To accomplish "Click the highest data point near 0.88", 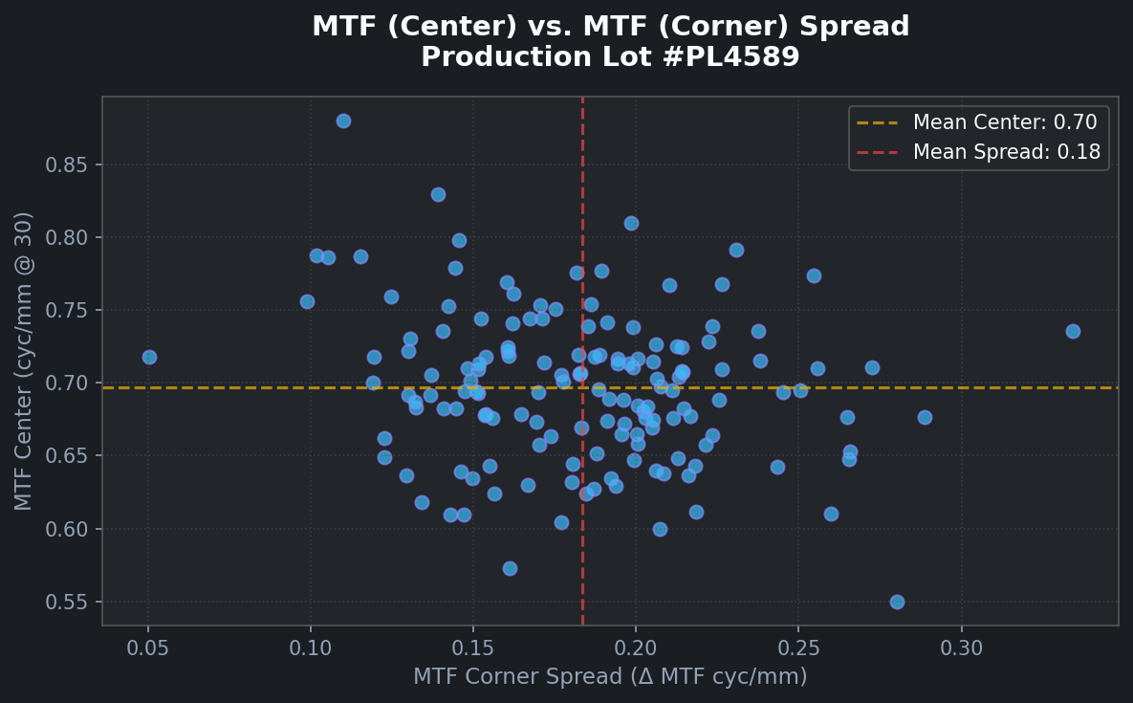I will click(343, 121).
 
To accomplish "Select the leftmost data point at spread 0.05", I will click(149, 357).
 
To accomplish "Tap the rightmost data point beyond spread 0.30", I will click(1073, 331).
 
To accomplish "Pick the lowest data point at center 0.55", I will click(897, 602).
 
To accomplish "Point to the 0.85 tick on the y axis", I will click(66, 165).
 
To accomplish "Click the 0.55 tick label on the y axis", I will click(66, 602).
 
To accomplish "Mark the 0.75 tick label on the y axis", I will click(66, 310).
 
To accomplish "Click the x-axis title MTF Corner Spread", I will click(610, 677).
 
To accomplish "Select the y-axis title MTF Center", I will click(24, 361).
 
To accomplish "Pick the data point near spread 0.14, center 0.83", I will click(438, 194).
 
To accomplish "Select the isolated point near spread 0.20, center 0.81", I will click(631, 223).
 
